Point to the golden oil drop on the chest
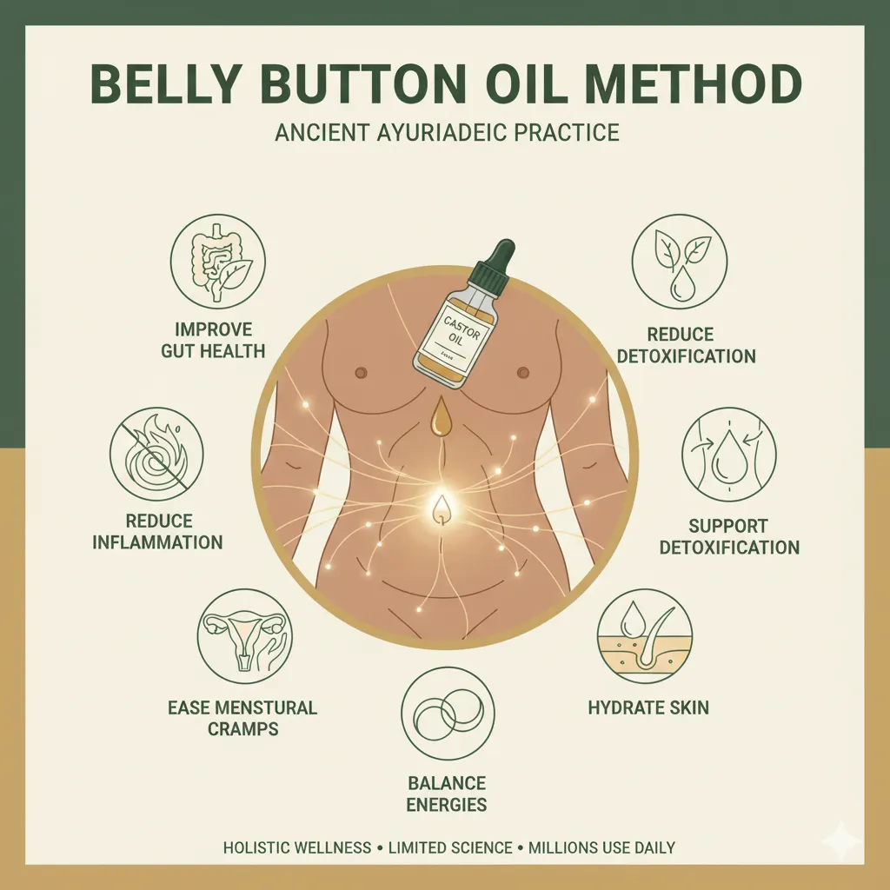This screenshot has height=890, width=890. (x=442, y=416)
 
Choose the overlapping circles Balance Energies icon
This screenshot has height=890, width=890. (x=448, y=713)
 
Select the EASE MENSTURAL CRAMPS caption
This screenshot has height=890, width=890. (x=242, y=718)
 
